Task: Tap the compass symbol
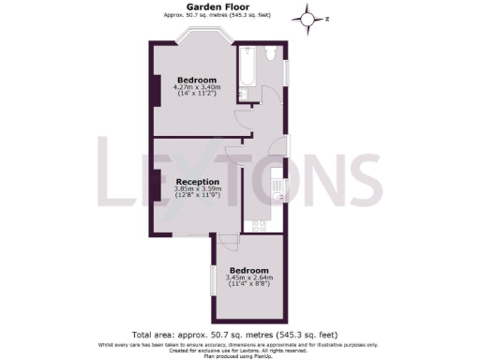[x=310, y=17]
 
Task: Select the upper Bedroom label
[x=197, y=80]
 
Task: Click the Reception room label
[x=197, y=181]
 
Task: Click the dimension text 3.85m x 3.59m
[x=197, y=189]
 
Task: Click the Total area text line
[x=234, y=334]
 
